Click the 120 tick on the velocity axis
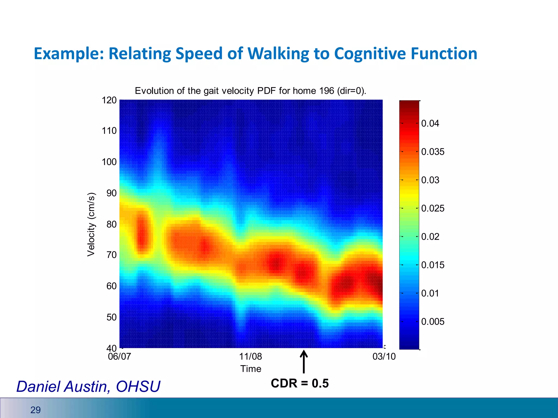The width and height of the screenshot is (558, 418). pos(109,100)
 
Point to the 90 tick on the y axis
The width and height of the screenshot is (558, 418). pos(111,193)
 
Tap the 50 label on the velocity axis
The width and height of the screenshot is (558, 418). pos(111,317)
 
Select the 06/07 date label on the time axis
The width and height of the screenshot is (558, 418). pos(119,356)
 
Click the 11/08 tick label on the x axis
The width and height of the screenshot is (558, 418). pos(250,356)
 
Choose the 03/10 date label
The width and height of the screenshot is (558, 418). pos(384,356)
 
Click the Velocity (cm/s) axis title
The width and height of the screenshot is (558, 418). pos(91,224)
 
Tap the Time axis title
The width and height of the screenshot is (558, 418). pos(251,369)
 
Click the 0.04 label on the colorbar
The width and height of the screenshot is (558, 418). pos(430,123)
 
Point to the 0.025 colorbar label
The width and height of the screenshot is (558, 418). pos(433,208)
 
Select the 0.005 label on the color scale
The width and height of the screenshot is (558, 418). pos(433,322)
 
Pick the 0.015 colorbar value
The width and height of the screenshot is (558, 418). pos(433,265)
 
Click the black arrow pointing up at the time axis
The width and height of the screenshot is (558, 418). pos(304,362)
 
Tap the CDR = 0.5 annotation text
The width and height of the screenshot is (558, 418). pos(300,383)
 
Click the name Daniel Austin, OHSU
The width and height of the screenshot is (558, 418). pos(88,386)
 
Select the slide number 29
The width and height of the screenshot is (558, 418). pos(35,410)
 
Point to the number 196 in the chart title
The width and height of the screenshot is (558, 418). pos(327,91)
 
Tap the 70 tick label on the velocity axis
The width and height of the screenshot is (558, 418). pos(111,255)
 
